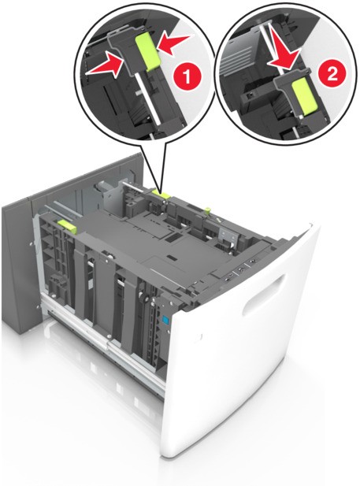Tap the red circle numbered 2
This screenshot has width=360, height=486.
332,74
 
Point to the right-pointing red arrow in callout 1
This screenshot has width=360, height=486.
105,65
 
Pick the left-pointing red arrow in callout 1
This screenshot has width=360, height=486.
173,43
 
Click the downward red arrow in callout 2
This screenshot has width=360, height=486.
283,48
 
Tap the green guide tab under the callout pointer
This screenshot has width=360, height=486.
161,194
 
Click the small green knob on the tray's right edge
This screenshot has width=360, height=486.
207,211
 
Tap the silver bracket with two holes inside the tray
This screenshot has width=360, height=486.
228,236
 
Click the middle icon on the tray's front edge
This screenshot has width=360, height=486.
239,271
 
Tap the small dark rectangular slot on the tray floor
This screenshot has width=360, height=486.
171,239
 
